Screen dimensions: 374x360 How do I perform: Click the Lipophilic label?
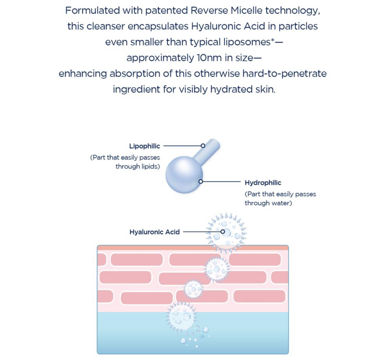click(144, 146)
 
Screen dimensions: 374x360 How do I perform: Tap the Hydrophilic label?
click(263, 183)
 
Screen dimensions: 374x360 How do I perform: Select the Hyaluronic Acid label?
click(155, 232)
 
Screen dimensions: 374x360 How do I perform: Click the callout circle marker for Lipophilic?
click(203, 146)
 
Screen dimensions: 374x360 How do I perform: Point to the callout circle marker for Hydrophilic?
click(201, 182)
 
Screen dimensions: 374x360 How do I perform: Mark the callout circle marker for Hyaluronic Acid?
click(223, 232)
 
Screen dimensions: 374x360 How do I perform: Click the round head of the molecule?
click(184, 175)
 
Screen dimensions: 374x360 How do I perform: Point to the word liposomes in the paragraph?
click(247, 42)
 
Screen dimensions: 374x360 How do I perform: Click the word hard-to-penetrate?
click(284, 74)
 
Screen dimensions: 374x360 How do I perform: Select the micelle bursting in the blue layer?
click(181, 317)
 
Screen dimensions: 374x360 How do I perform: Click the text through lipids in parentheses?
click(137, 166)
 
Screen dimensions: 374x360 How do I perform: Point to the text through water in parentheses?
click(268, 203)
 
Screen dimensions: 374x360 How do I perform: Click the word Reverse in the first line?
click(209, 10)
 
